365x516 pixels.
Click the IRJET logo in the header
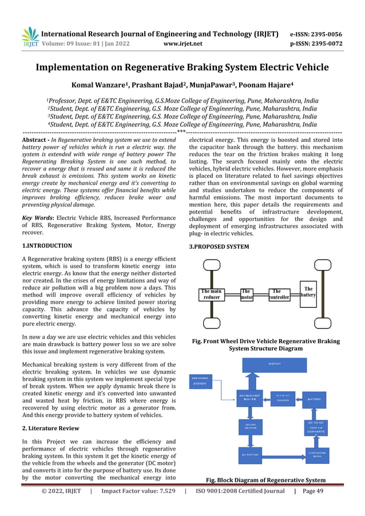tap(30, 37)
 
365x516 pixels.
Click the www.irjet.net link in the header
tap(182, 43)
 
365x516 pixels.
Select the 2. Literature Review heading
tap(50, 428)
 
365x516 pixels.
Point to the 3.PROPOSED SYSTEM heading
tap(219, 247)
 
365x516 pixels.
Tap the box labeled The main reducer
tap(212, 295)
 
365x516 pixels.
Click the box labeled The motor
tap(247, 295)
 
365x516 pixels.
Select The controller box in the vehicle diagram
tap(280, 295)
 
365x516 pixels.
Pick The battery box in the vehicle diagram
tap(308, 292)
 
